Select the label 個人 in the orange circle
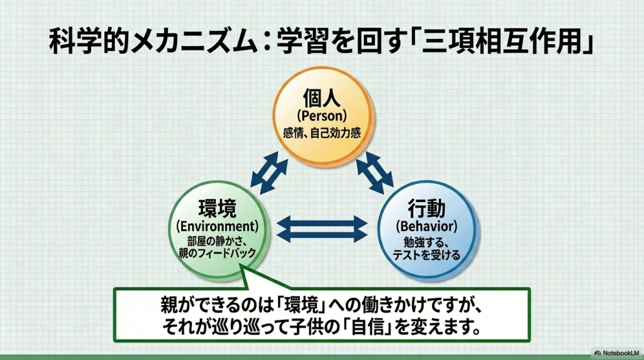pyautogui.click(x=322, y=101)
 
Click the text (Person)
pyautogui.click(x=322, y=117)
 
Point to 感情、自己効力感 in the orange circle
pyautogui.click(x=322, y=133)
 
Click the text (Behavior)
pyautogui.click(x=426, y=225)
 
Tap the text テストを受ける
pyautogui.click(x=426, y=255)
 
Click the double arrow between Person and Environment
pyautogui.click(x=269, y=172)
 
